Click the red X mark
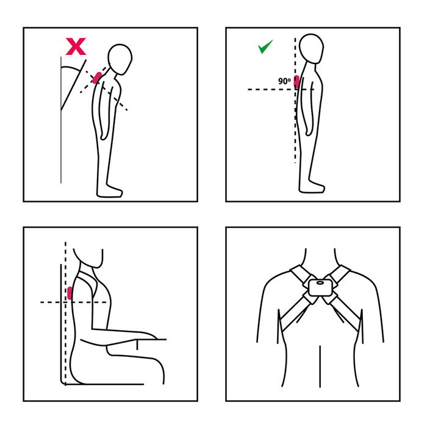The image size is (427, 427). click(x=76, y=46)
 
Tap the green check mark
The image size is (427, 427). click(x=265, y=46)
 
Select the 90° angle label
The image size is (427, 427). click(x=284, y=81)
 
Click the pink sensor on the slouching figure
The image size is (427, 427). click(x=97, y=78)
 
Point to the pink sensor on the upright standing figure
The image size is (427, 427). click(x=296, y=82)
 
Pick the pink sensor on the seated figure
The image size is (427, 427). click(x=70, y=293)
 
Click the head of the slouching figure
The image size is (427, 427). click(x=120, y=59)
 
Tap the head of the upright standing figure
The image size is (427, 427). click(x=311, y=49)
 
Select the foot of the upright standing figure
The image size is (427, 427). click(x=312, y=187)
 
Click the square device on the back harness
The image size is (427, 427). click(x=320, y=287)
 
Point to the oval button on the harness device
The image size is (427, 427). click(x=320, y=283)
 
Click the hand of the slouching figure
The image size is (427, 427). click(x=104, y=135)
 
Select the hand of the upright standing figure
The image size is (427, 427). click(x=309, y=130)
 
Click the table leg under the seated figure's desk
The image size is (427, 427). click(x=137, y=345)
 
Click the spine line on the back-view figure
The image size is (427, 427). click(x=320, y=366)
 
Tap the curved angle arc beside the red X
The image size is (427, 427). click(x=71, y=68)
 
